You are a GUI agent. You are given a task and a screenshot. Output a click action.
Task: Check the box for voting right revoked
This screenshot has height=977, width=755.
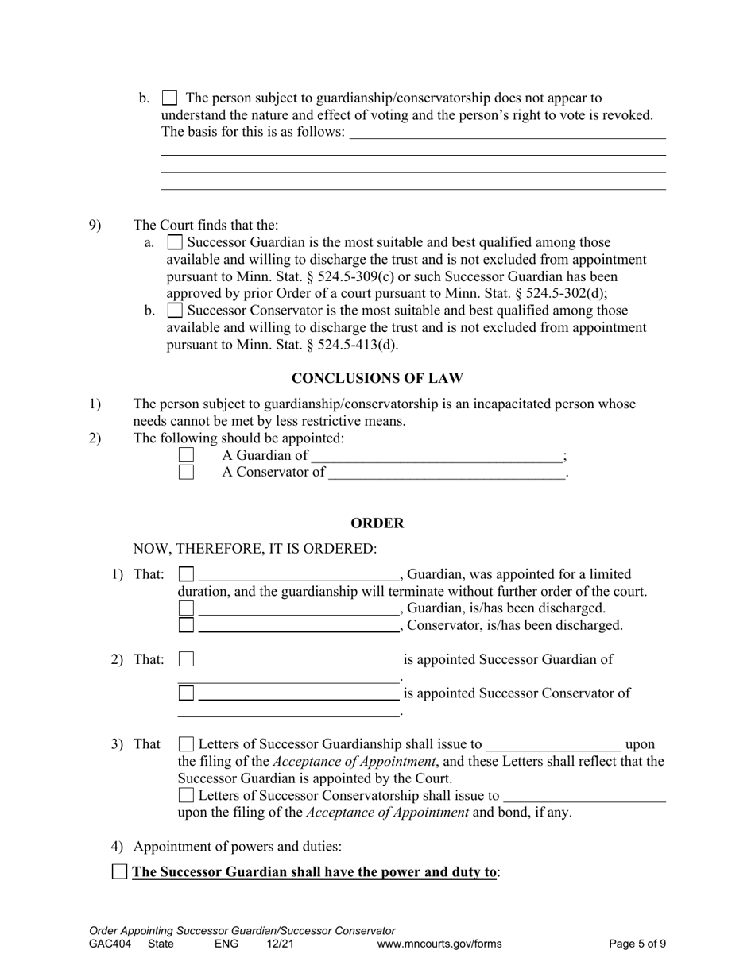point(169,98)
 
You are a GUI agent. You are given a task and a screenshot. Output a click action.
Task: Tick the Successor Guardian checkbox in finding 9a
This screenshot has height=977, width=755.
point(176,242)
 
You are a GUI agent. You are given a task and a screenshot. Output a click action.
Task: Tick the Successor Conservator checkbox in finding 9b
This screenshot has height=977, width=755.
point(176,311)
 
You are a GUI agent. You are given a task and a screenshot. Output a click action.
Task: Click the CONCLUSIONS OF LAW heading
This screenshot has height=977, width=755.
point(377,378)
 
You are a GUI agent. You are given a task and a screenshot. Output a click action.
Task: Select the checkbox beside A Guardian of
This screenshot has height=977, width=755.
point(186,456)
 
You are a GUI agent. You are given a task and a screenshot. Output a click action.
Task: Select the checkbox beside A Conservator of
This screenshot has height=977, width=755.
point(186,473)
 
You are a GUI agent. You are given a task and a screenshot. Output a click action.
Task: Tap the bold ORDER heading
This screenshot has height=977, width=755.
point(377,523)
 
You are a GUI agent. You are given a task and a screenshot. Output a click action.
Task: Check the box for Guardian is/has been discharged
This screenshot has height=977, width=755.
point(186,608)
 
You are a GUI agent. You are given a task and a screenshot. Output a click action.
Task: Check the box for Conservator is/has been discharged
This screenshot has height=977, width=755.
point(186,626)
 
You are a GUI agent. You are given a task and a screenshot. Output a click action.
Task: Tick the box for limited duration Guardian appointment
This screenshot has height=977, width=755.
point(186,574)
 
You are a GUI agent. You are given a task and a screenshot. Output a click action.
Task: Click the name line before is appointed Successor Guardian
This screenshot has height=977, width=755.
point(298,660)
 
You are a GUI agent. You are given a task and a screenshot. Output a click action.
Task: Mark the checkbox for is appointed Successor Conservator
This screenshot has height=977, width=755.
point(186,693)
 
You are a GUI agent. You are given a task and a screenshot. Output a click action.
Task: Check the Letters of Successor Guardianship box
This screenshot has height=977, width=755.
point(186,745)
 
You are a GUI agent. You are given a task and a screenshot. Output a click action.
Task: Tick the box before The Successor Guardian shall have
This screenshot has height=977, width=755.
point(119,872)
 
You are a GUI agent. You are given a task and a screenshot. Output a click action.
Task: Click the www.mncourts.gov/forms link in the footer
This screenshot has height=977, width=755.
point(439,944)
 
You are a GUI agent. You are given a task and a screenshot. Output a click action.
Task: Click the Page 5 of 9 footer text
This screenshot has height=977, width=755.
point(637,944)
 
